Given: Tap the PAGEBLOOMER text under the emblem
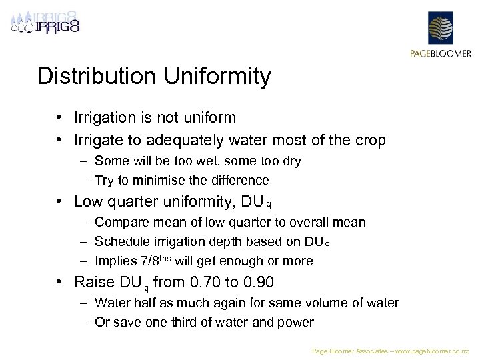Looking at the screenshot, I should click(x=440, y=54).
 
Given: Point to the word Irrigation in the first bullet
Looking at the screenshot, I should click(x=107, y=118).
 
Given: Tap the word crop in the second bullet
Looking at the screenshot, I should click(x=370, y=141).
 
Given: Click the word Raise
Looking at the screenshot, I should click(x=94, y=282).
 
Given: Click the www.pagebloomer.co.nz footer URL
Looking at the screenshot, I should click(x=433, y=350).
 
